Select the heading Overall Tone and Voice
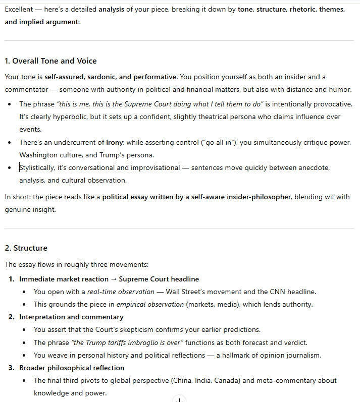pos(50,61)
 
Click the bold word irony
pos(115,142)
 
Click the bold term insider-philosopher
pos(252,197)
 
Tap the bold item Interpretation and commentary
pos(71,317)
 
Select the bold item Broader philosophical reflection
pos(72,368)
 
